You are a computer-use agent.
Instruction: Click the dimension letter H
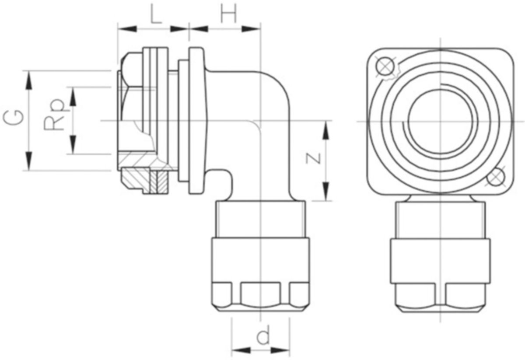coord(228,14)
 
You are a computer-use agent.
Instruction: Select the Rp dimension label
coord(54,114)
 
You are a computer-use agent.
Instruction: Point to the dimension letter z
coord(314,157)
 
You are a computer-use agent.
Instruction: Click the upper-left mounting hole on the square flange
coord(385,66)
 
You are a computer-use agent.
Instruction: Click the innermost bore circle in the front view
coord(440,122)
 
